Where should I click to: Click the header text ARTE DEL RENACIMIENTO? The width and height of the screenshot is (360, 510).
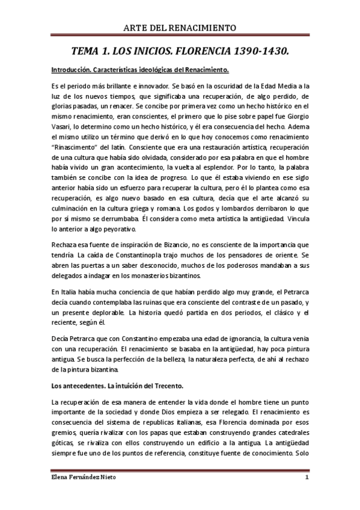[180, 28]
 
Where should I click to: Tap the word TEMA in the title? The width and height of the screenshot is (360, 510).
[86, 52]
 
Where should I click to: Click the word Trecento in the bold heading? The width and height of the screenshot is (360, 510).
[171, 384]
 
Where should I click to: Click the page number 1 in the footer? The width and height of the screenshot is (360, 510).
[307, 479]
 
